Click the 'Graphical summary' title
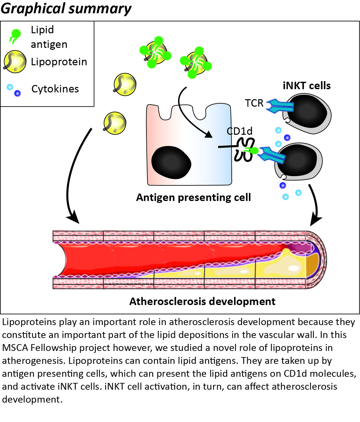(66, 8)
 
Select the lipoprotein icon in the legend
(15, 61)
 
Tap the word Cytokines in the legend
(55, 89)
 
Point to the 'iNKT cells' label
(306, 86)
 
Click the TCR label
(254, 103)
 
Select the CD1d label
(239, 131)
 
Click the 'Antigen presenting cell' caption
(193, 197)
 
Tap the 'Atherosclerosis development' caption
(202, 301)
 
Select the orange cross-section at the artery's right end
(312, 265)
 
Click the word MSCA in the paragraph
(15, 348)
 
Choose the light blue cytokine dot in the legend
(10, 87)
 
